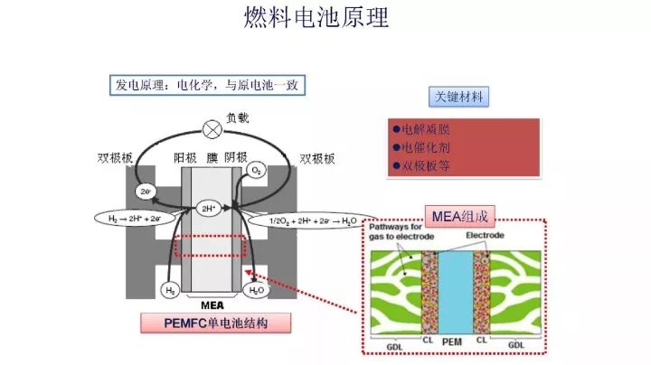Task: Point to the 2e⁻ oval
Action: pyautogui.click(x=146, y=192)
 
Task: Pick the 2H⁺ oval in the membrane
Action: pyautogui.click(x=208, y=207)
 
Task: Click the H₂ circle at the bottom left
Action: pyautogui.click(x=169, y=290)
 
